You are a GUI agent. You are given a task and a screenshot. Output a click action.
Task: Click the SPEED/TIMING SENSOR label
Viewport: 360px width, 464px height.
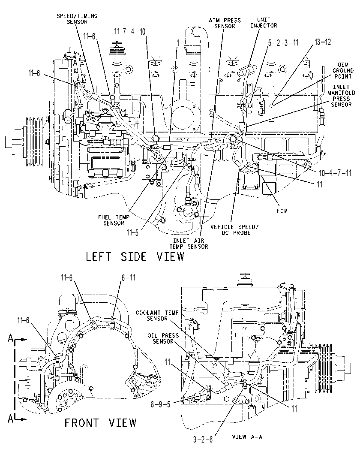(x=77, y=18)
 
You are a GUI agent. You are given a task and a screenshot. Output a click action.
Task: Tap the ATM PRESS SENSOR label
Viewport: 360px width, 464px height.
(x=225, y=23)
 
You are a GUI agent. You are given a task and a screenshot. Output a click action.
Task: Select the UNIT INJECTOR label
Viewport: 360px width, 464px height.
(x=264, y=22)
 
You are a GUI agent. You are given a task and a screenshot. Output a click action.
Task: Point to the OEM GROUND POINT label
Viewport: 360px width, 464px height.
(x=343, y=70)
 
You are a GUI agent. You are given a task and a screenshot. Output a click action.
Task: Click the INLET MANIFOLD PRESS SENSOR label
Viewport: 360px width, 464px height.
(x=341, y=96)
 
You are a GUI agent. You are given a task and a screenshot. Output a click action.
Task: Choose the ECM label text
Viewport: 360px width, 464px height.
(x=282, y=211)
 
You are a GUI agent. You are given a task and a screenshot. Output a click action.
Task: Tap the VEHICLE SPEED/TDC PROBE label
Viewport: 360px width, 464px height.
(x=234, y=229)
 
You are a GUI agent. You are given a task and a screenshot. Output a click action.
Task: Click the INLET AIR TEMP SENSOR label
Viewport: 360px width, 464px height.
(x=189, y=244)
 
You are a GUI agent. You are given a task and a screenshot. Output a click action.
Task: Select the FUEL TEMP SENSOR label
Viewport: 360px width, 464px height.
(x=114, y=220)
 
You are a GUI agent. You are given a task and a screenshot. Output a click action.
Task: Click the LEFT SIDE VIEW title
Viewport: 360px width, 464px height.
(x=135, y=256)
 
